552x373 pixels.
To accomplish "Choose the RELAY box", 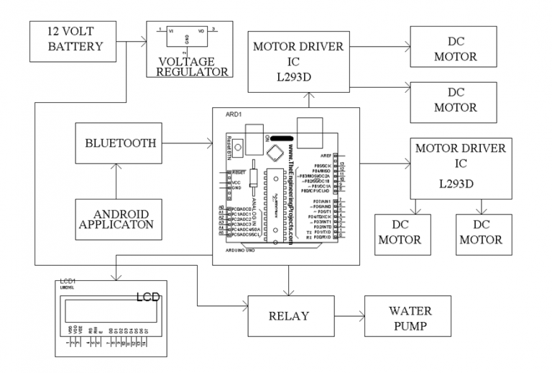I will pyautogui.click(x=289, y=315).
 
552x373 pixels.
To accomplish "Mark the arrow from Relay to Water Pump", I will pyautogui.click(x=348, y=315).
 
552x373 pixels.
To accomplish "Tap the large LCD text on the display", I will pyautogui.click(x=149, y=297).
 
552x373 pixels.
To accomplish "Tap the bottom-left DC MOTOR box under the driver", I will pyautogui.click(x=400, y=233).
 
